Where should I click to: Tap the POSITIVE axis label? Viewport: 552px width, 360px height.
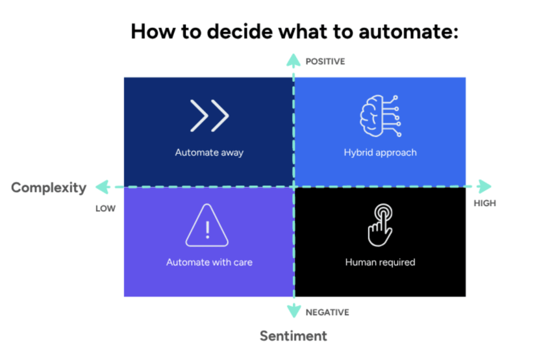click(x=325, y=62)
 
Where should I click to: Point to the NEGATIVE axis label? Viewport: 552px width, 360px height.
click(x=327, y=313)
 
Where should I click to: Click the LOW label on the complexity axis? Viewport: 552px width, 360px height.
click(x=105, y=209)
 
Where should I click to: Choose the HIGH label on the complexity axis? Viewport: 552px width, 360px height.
click(x=484, y=203)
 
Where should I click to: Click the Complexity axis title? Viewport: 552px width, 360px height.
click(x=49, y=188)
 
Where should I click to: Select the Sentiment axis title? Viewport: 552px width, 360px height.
click(x=294, y=336)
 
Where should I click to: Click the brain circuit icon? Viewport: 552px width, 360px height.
click(x=380, y=116)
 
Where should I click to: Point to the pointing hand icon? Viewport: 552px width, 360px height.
click(x=380, y=225)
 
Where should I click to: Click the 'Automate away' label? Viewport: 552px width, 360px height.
click(x=209, y=153)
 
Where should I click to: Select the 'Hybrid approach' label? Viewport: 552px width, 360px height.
click(x=380, y=153)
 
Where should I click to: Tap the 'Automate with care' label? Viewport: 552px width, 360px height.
click(x=209, y=263)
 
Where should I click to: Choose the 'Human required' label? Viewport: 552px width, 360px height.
click(x=380, y=263)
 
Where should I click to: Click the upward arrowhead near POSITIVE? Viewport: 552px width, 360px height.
click(x=294, y=60)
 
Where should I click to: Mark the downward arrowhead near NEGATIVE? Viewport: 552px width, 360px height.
click(x=294, y=311)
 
